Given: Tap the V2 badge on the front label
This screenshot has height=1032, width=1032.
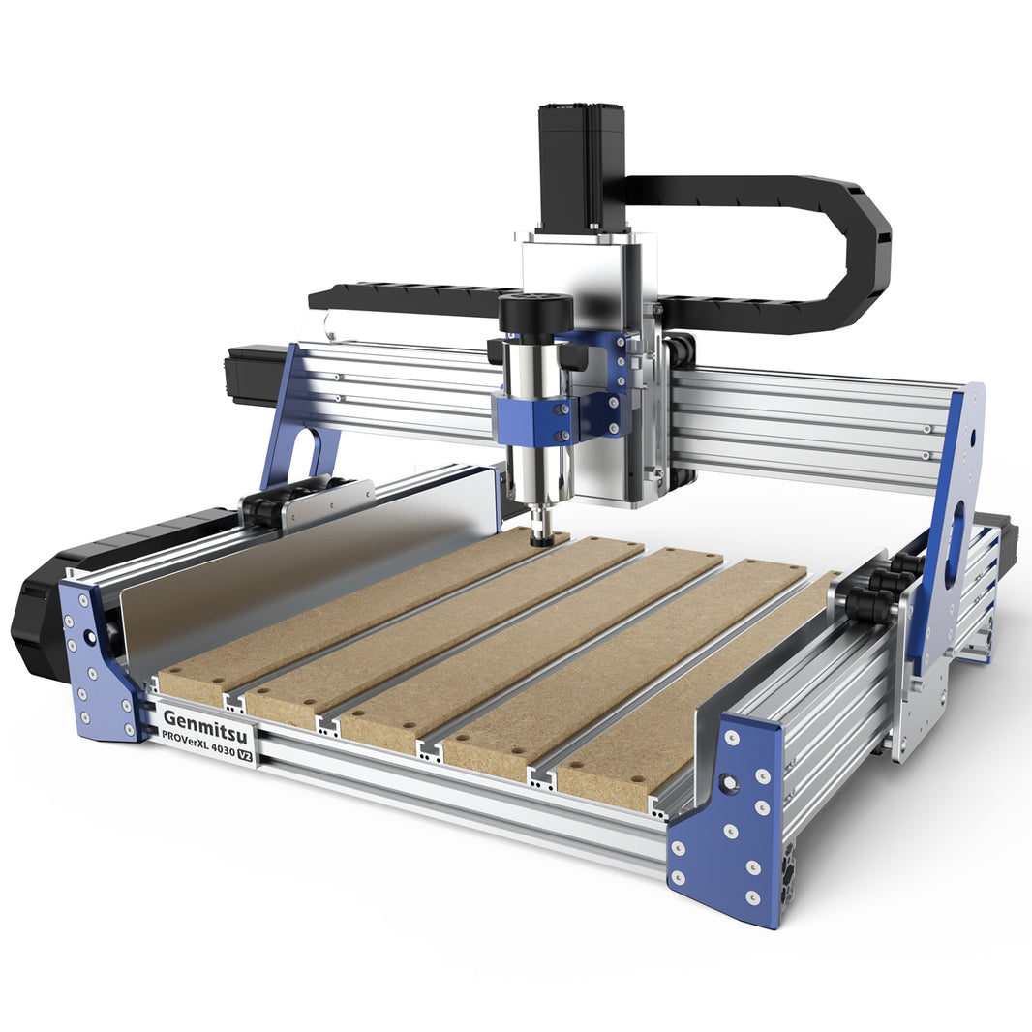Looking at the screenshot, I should point(246,754).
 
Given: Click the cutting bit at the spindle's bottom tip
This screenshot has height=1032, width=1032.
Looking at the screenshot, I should point(542,536).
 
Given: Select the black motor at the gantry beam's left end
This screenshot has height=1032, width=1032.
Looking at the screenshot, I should point(254,374).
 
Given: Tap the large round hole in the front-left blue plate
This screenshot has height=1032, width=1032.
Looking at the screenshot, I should point(89,638).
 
